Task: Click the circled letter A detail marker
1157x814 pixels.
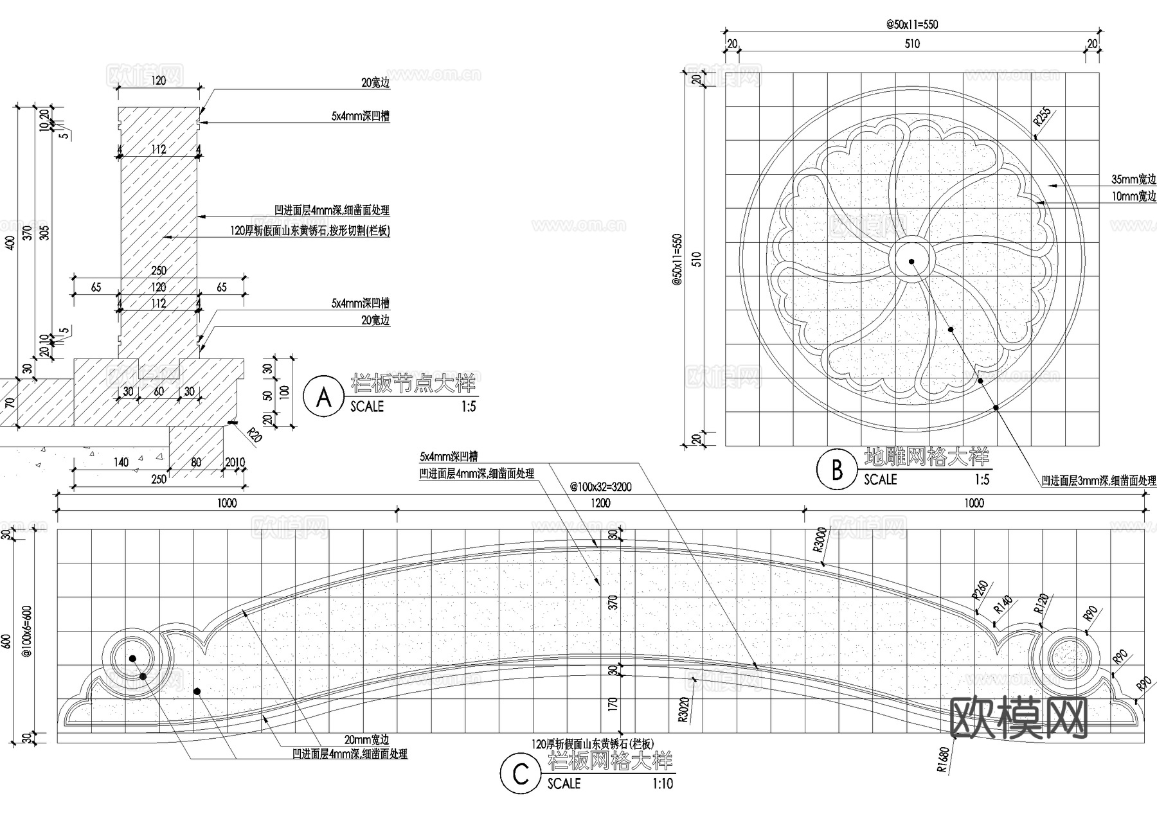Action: coord(324,398)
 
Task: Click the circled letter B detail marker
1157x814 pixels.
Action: coord(837,470)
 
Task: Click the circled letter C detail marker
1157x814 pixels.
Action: coord(521,774)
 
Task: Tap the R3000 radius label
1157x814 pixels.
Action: coord(819,540)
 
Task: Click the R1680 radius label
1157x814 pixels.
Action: coord(942,759)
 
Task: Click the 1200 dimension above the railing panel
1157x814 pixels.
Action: coord(600,503)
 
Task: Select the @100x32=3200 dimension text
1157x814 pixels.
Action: coord(600,487)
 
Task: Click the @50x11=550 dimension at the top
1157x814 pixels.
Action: coord(912,25)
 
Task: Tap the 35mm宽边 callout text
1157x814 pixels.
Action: coord(1134,180)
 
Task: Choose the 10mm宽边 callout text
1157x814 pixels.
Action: coord(1134,197)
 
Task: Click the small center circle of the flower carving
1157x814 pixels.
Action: coord(911,261)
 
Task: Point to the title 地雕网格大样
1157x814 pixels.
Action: coord(926,457)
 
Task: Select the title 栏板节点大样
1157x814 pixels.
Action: coord(413,384)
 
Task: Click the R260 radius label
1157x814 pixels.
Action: coord(980,590)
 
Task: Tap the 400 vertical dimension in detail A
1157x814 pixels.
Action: coord(9,243)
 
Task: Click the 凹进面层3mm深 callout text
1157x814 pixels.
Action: coord(1099,481)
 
